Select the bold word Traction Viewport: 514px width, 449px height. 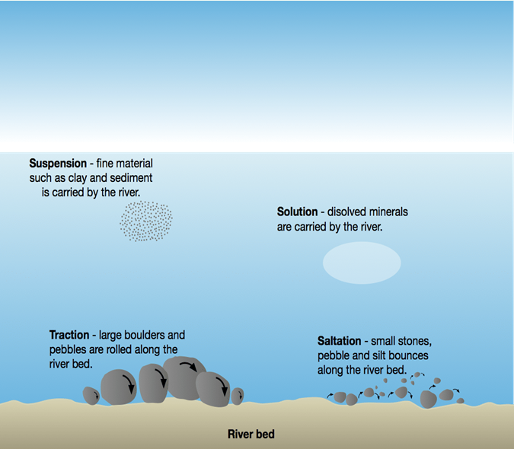[69, 335]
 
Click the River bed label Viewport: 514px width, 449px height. [251, 435]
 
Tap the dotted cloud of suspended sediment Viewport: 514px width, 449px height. [146, 221]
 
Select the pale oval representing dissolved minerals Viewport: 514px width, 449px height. [362, 263]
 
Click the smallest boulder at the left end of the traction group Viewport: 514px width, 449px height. [91, 396]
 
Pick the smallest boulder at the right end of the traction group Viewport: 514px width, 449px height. [238, 396]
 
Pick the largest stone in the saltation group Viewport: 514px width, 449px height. [428, 399]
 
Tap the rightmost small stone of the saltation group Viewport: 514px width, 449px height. [460, 400]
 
